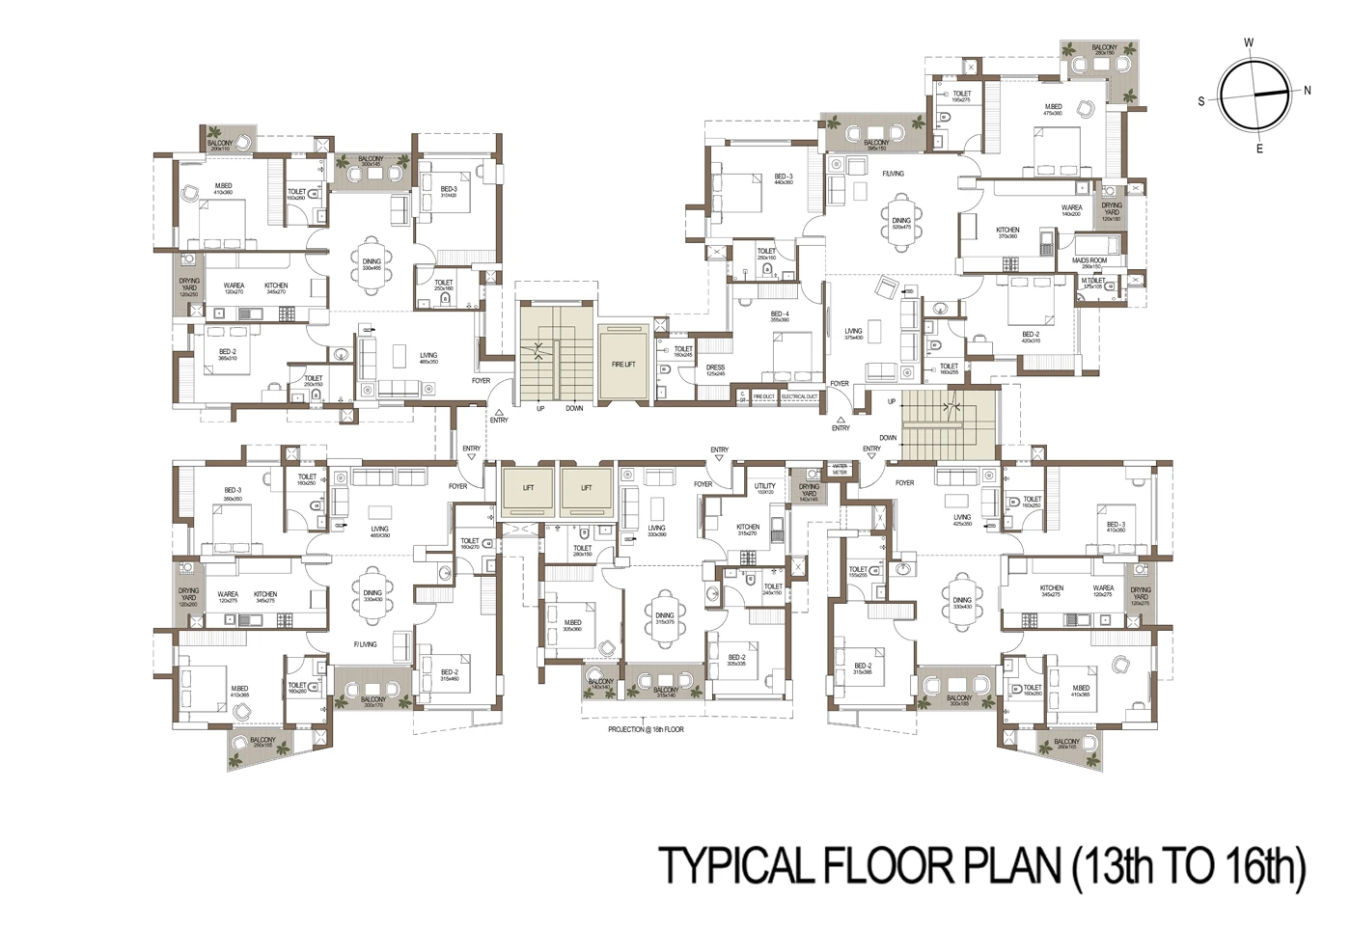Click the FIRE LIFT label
(x=622, y=364)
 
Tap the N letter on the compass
(x=1307, y=91)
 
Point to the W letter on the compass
(x=1249, y=41)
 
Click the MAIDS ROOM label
(x=1089, y=263)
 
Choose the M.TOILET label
(x=1091, y=283)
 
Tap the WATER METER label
(x=840, y=470)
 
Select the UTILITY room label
(x=765, y=488)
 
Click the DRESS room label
(x=715, y=369)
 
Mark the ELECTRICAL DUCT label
(x=799, y=396)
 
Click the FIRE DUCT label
(x=763, y=396)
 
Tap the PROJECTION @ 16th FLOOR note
(x=646, y=729)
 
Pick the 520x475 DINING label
(x=901, y=224)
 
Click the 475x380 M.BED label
(x=1052, y=109)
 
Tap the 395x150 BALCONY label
(x=875, y=146)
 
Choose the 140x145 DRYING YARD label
(x=808, y=493)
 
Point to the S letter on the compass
(x=1201, y=100)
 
